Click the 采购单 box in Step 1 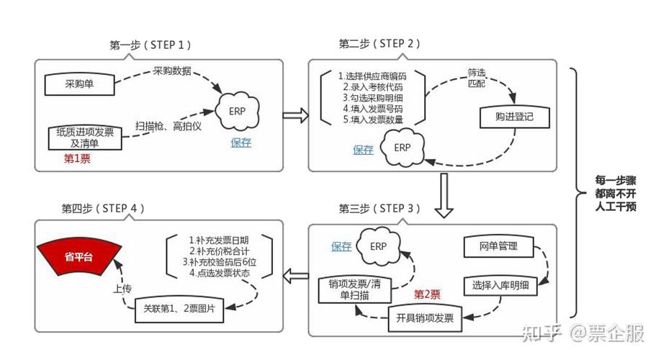(81, 84)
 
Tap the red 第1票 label (78, 158)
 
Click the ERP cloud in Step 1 (240, 112)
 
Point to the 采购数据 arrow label (172, 71)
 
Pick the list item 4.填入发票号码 (372, 108)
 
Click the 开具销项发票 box (425, 318)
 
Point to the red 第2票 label (427, 294)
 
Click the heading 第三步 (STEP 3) (377, 208)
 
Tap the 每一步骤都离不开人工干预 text (614, 192)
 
